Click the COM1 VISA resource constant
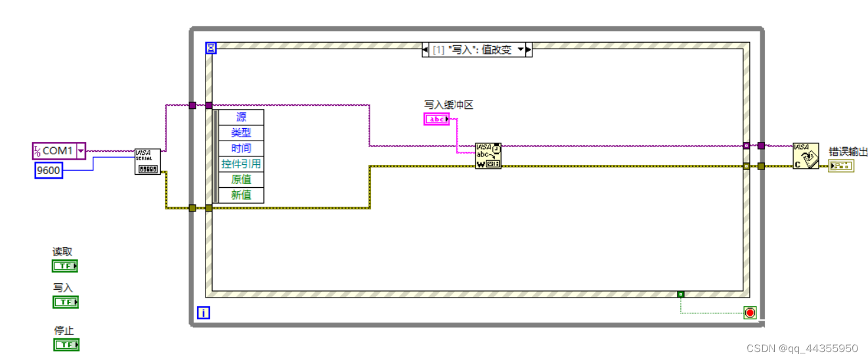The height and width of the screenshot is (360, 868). (x=58, y=151)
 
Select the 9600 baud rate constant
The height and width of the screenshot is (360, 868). (x=48, y=171)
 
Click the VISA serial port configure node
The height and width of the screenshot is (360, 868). (x=147, y=162)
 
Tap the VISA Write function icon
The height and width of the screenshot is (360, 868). (x=488, y=156)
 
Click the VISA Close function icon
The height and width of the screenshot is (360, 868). (x=805, y=156)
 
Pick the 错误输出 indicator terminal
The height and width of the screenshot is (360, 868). (x=841, y=166)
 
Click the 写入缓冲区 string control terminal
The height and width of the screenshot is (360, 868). (x=437, y=119)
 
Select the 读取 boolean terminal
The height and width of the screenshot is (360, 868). (x=65, y=266)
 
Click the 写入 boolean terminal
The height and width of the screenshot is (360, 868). (x=65, y=302)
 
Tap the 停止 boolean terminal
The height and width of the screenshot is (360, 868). (x=66, y=344)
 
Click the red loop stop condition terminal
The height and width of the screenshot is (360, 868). (x=750, y=313)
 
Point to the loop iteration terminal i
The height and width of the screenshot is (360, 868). (x=204, y=313)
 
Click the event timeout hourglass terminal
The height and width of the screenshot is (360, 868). (x=211, y=48)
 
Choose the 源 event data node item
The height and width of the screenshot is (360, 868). (x=241, y=118)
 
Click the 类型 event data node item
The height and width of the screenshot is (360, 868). (x=241, y=133)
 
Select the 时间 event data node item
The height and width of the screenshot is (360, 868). (x=241, y=148)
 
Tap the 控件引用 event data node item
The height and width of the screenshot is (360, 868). (x=241, y=164)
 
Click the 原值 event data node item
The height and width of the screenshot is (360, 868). (x=241, y=179)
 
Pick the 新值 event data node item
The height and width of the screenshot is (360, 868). (x=241, y=195)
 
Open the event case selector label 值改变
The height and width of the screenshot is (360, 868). (x=476, y=50)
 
